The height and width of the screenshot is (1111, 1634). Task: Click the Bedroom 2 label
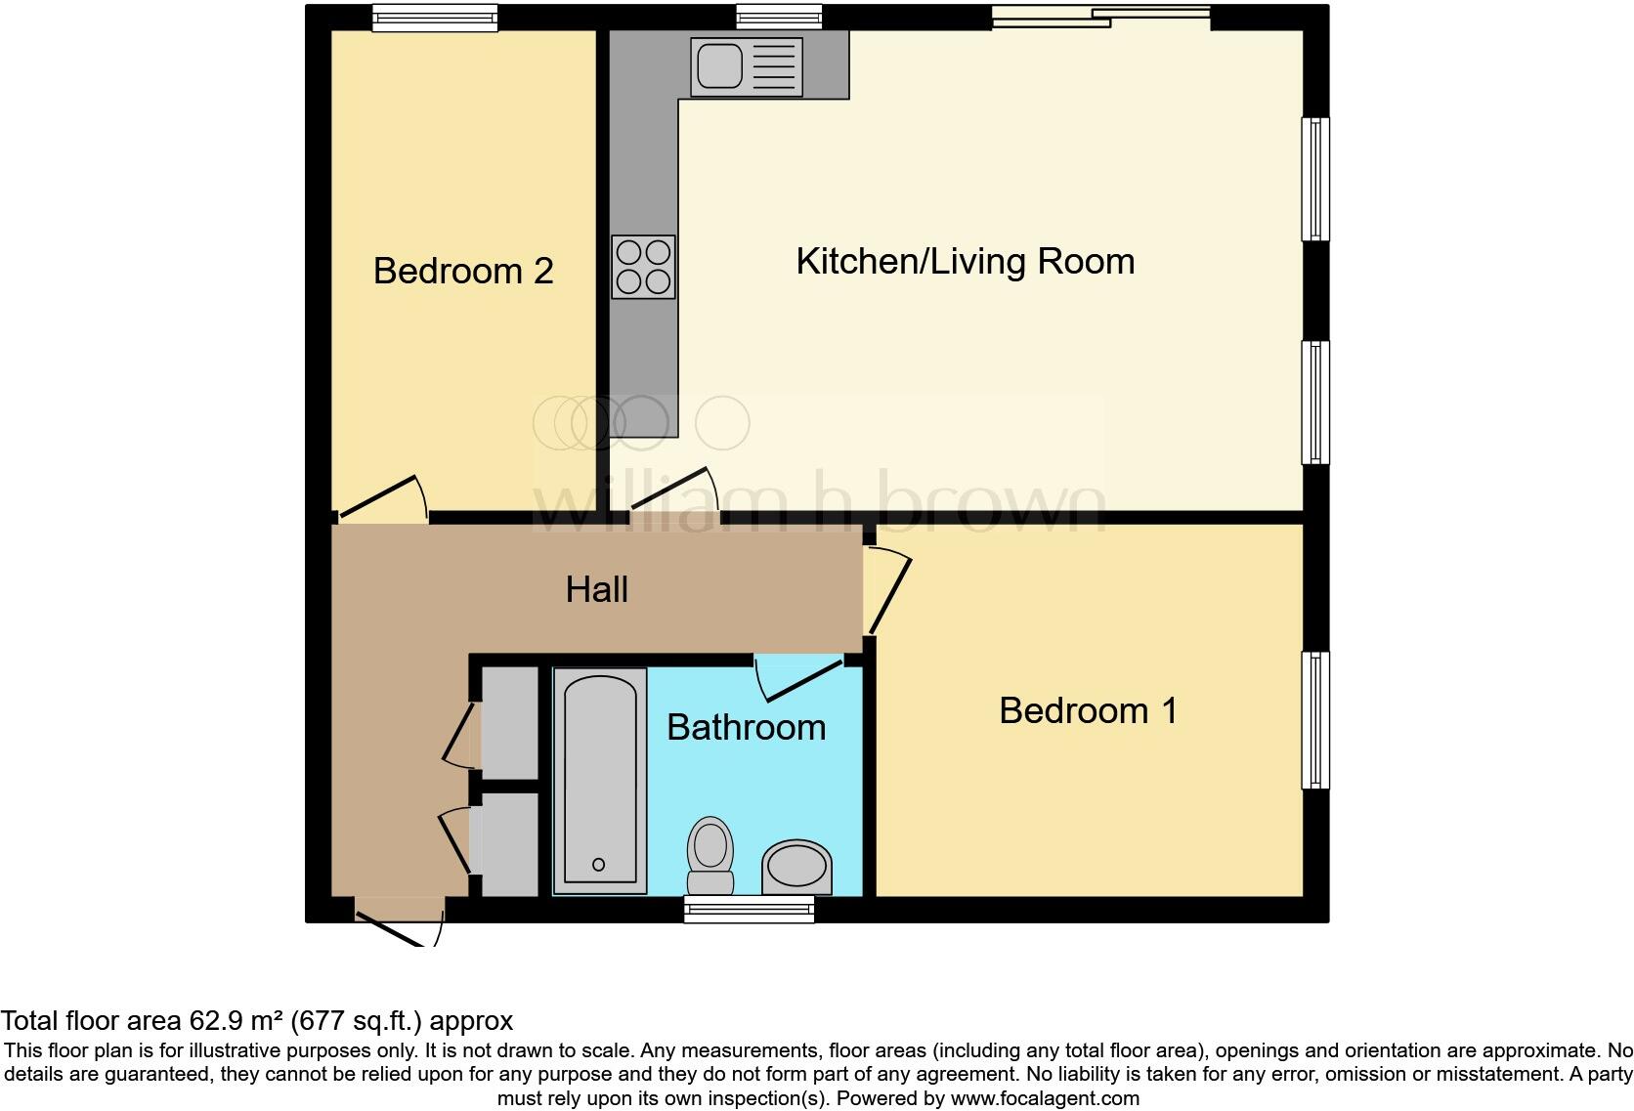[463, 271]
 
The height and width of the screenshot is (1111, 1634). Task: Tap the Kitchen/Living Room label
[965, 262]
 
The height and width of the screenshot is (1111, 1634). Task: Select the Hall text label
[596, 589]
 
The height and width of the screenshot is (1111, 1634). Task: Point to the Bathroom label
[746, 727]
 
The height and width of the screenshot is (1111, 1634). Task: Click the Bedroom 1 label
[1088, 710]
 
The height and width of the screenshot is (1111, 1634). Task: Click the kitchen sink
[746, 66]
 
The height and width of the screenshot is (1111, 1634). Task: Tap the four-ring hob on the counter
[643, 267]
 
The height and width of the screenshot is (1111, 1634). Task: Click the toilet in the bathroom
[710, 853]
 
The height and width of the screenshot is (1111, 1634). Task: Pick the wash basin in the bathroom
[796, 867]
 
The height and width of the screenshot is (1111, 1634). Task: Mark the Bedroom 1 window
[1315, 720]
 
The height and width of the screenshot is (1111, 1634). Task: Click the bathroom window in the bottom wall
[750, 911]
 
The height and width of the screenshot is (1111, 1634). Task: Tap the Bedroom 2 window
[435, 18]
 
